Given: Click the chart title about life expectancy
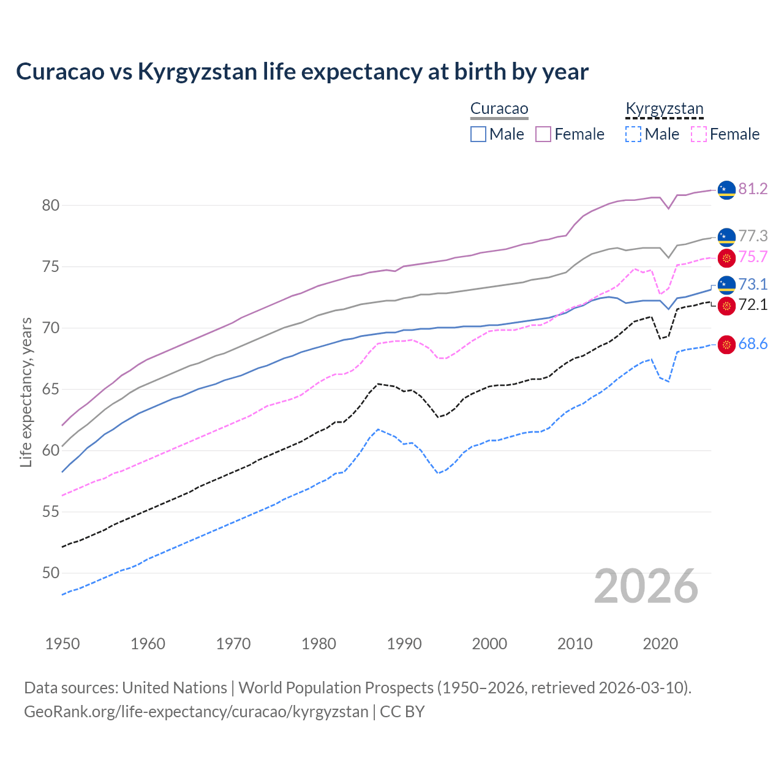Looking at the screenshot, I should pyautogui.click(x=302, y=72).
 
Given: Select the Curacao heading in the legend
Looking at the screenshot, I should pyautogui.click(x=499, y=109).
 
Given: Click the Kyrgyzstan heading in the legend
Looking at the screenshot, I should pyautogui.click(x=665, y=109).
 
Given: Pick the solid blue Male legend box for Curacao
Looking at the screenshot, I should pyautogui.click(x=478, y=134).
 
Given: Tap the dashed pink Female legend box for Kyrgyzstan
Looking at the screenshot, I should pyautogui.click(x=699, y=134).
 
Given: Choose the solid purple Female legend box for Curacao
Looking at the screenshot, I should pyautogui.click(x=543, y=134).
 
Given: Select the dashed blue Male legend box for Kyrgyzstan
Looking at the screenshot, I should pyautogui.click(x=633, y=134).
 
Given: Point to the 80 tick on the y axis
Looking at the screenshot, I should pyautogui.click(x=51, y=206).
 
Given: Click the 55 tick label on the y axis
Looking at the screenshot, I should pyautogui.click(x=51, y=512).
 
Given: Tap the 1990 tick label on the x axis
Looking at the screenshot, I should pyautogui.click(x=404, y=644).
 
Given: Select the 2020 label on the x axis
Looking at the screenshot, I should pyautogui.click(x=660, y=644).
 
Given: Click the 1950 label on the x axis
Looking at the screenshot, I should pyautogui.click(x=62, y=644).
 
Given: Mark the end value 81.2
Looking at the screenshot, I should pyautogui.click(x=753, y=189).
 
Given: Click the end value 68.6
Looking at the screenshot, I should pyautogui.click(x=753, y=344).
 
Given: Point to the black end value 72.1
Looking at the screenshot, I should pyautogui.click(x=753, y=305).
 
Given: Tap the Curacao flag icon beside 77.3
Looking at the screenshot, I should pyautogui.click(x=726, y=236).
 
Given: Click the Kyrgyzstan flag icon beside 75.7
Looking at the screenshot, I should pyautogui.click(x=726, y=257).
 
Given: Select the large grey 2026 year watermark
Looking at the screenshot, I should pyautogui.click(x=646, y=587).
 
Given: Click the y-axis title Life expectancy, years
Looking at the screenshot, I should pyautogui.click(x=26, y=392).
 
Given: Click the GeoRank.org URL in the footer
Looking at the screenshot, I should pyautogui.click(x=196, y=712).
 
